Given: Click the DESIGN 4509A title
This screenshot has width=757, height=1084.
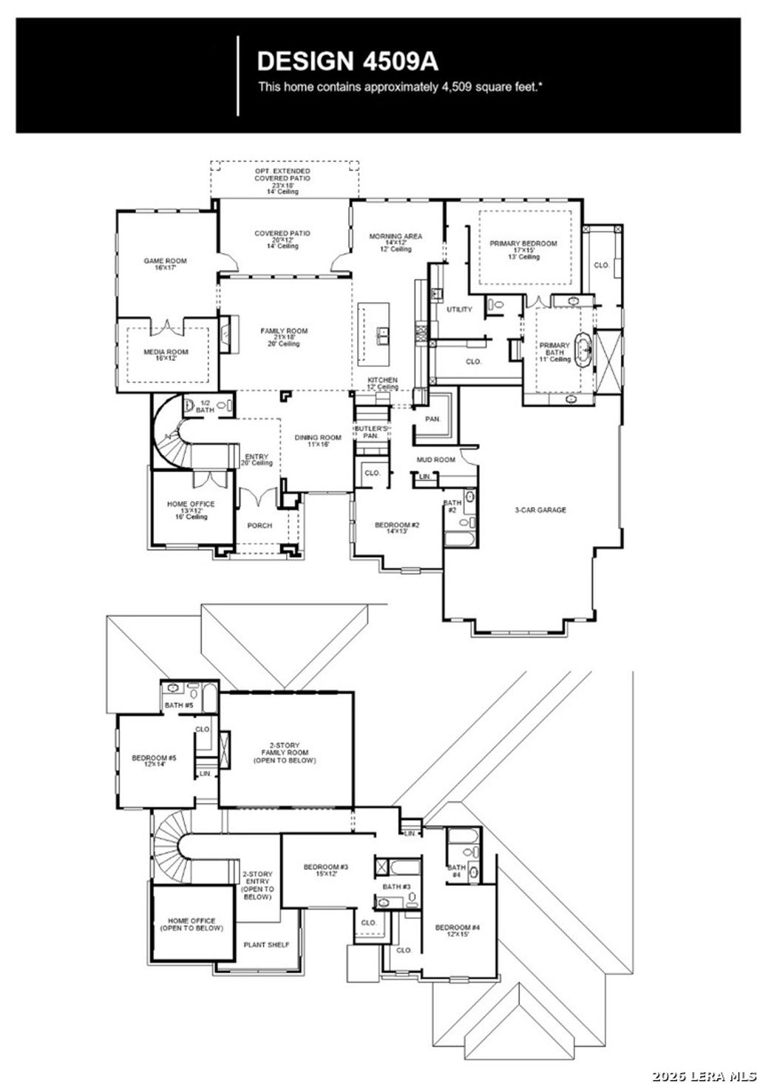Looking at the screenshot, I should pyautogui.click(x=347, y=60).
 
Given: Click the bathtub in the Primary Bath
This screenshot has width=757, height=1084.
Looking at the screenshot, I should pyautogui.click(x=584, y=350).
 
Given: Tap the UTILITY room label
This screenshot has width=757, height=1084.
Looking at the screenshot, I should pyautogui.click(x=459, y=309).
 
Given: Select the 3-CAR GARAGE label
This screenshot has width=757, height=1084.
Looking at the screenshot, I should pyautogui.click(x=540, y=510).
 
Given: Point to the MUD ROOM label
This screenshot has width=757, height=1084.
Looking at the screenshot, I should pyautogui.click(x=435, y=459).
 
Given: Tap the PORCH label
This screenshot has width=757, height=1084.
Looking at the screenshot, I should pyautogui.click(x=259, y=525).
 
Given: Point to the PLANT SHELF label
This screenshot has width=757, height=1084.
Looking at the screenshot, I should pyautogui.click(x=267, y=945).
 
